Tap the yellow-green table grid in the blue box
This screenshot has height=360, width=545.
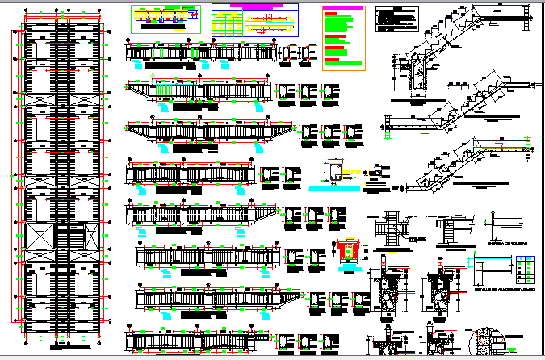(x=227, y=23)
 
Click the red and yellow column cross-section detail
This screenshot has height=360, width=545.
(x=350, y=250)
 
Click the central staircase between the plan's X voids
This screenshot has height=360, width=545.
(x=63, y=238)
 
